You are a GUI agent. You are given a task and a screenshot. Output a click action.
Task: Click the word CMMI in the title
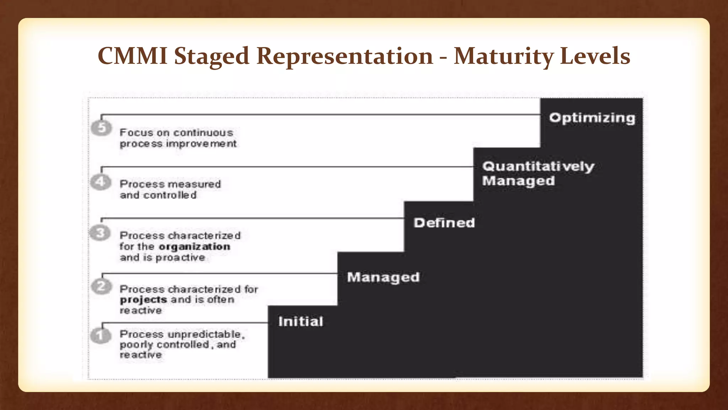[x=132, y=56]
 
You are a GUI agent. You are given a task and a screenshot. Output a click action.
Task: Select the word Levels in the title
[x=595, y=56]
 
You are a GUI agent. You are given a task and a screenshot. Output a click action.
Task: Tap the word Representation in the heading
[x=344, y=56]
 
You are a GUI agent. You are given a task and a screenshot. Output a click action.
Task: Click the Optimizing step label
[x=592, y=118]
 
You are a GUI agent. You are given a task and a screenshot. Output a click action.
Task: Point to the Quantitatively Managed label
[x=537, y=173]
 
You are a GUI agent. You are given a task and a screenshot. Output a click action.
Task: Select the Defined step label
[x=444, y=223]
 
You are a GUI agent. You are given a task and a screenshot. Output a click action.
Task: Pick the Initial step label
[x=301, y=321]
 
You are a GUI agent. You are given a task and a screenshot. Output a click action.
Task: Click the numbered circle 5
[x=102, y=128]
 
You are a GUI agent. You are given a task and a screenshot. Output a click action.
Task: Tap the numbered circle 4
[x=101, y=182]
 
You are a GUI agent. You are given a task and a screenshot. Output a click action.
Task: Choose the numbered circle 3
[x=100, y=233]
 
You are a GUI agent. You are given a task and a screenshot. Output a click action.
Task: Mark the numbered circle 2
[x=102, y=287]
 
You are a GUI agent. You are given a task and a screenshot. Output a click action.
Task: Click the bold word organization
[x=194, y=247]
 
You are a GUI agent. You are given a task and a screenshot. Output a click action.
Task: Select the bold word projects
[x=143, y=300]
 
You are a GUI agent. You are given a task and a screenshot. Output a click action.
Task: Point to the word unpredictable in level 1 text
[x=205, y=335]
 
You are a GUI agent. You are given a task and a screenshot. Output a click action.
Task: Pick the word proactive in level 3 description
[x=180, y=258]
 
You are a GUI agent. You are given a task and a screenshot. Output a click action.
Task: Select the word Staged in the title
[x=212, y=56]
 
